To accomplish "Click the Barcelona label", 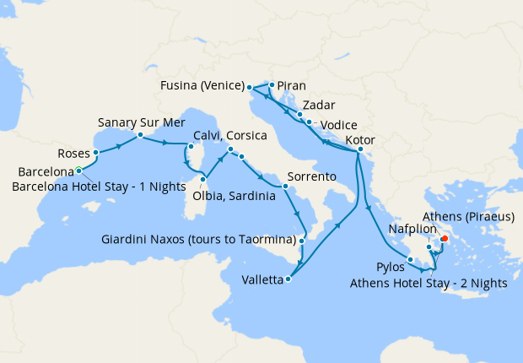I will [46, 173].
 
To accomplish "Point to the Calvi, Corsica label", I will [230, 136].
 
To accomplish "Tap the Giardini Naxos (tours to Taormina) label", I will [198, 241].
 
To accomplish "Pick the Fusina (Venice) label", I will [202, 86].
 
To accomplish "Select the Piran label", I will [292, 86].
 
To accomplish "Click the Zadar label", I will [321, 106].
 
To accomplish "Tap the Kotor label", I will [360, 140].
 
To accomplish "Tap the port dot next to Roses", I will [97, 153].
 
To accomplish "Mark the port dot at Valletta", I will [288, 279].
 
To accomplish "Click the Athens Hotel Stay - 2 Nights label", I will [429, 284].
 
